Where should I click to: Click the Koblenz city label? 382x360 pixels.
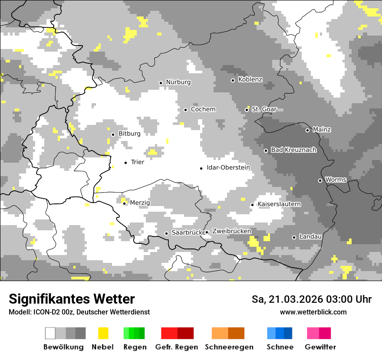tap(250, 80)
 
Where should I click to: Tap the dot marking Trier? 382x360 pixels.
tap(126, 163)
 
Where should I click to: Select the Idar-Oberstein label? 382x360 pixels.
tap(228, 168)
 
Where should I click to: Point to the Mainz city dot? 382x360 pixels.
tap(307, 130)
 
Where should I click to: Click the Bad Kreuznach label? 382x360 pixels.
tap(293, 150)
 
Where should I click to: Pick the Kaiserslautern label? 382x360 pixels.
tap(279, 204)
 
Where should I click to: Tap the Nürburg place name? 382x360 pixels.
tap(178, 82)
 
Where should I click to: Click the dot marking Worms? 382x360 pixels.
tap(320, 180)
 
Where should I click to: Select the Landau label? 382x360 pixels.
tap(310, 237)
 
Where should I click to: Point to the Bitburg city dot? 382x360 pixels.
tap(113, 134)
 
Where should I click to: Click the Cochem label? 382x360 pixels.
tap(203, 109)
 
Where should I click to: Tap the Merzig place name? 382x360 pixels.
tap(140, 203)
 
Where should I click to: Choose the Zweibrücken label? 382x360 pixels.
tap(231, 232)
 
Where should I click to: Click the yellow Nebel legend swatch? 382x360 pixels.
tap(103, 333)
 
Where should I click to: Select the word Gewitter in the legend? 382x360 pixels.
tap(320, 347)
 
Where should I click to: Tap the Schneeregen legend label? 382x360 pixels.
tap(229, 347)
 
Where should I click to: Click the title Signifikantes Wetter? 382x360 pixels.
tap(72, 299)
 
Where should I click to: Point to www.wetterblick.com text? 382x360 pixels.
tap(313, 312)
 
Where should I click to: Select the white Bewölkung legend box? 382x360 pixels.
tap(50, 333)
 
